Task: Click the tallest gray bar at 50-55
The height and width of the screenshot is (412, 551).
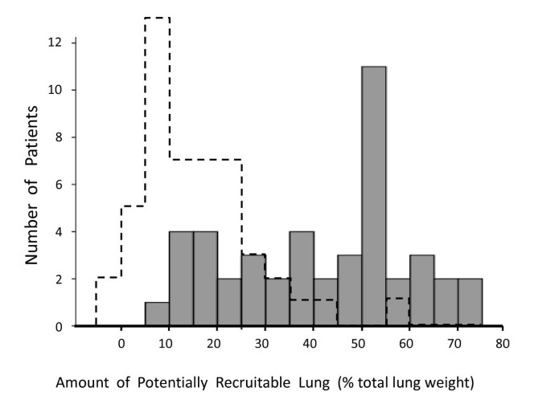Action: pos(374,197)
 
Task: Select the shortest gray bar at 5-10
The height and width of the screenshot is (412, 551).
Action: pos(157,315)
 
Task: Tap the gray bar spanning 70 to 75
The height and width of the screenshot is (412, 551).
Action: pos(471,303)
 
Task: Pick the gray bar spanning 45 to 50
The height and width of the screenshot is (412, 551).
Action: pos(350,291)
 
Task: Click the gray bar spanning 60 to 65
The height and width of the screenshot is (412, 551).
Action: pos(422,291)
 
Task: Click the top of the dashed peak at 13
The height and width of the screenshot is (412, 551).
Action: pos(157,18)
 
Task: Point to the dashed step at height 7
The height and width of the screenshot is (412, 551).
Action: pos(205,160)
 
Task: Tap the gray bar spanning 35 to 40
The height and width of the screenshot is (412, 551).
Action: pos(302,279)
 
